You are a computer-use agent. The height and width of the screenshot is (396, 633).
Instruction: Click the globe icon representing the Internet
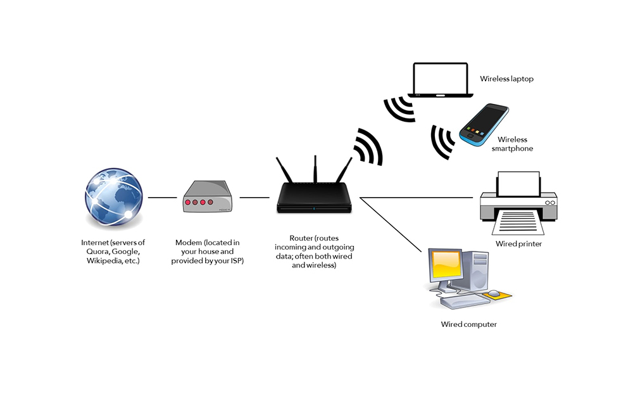click(115, 198)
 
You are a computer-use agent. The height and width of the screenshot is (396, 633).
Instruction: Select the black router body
click(314, 201)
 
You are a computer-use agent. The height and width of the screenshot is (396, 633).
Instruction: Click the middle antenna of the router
click(315, 171)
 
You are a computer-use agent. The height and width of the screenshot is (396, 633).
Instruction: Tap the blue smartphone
click(484, 125)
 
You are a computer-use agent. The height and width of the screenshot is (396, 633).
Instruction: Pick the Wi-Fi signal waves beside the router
click(367, 147)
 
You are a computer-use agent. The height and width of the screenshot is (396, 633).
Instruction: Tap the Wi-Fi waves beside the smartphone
click(442, 142)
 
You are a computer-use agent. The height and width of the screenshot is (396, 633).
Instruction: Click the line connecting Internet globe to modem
click(162, 198)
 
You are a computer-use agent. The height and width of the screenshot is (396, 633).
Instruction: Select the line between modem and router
click(254, 198)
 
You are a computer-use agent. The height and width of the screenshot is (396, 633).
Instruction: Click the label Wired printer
click(518, 244)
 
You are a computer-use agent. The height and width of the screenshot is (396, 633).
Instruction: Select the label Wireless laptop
click(506, 79)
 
